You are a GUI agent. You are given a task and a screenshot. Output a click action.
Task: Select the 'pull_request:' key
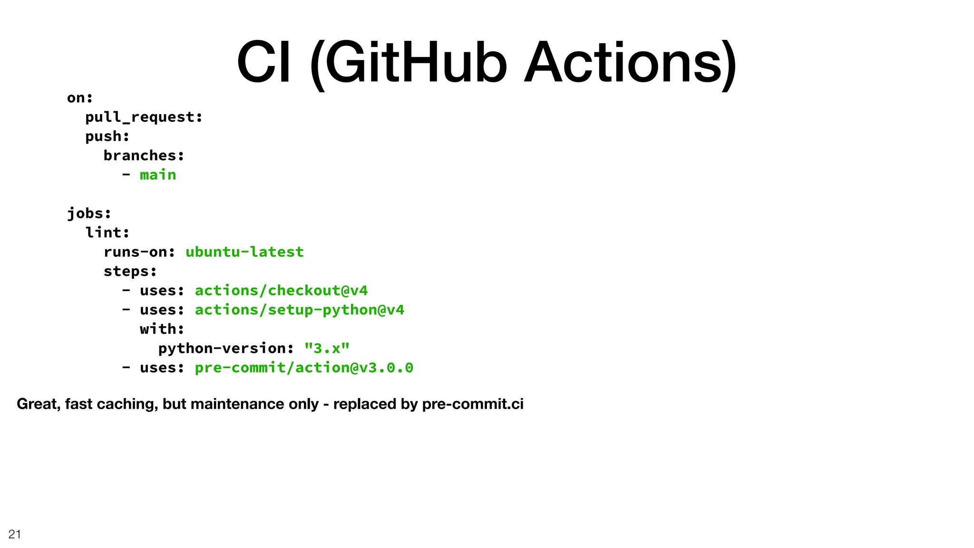tap(144, 117)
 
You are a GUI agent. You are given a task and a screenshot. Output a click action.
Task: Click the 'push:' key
tap(107, 137)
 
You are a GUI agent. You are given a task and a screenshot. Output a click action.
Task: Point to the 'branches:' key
tap(144, 156)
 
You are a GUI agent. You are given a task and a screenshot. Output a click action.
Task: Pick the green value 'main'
tap(158, 175)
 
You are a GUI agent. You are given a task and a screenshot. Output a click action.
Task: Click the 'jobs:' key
tap(89, 213)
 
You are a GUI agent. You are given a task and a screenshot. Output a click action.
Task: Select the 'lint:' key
tap(107, 233)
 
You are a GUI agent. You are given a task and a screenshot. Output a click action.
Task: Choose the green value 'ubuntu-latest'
tap(244, 252)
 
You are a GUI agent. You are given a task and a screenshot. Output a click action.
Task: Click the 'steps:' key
tap(130, 271)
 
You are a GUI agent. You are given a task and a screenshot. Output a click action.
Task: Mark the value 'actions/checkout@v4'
tap(281, 290)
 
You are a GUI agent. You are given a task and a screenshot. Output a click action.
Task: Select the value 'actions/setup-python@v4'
tap(299, 310)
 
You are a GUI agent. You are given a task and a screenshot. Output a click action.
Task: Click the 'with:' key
tap(162, 329)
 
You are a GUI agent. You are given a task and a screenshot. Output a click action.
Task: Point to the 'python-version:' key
tap(226, 348)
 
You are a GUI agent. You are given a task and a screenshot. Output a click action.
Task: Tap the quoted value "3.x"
tap(327, 348)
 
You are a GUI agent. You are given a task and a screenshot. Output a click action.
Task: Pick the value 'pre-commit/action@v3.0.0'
tap(304, 368)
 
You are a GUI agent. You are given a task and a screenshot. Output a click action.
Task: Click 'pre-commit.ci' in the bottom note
tap(472, 404)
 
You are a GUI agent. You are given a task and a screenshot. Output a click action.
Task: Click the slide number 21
tap(15, 534)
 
